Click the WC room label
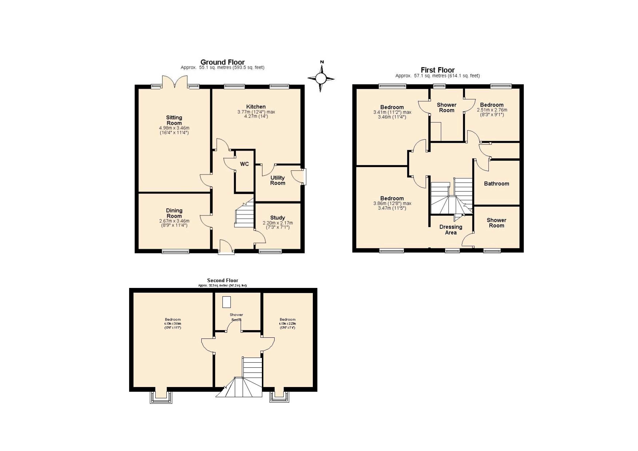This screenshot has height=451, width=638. pos(244,164)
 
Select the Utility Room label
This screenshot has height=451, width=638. pos(277,180)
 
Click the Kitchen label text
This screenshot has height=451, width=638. pos(256,107)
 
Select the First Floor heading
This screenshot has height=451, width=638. pos(437,70)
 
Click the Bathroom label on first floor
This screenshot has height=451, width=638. pos(496,184)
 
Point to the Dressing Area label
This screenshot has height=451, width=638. pos(451,230)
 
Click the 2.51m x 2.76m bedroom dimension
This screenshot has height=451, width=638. pos(492,110)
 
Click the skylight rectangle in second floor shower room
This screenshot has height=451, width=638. pos(226,302)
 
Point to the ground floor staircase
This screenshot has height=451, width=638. pos(245,215)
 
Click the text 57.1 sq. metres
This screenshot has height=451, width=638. pos(429,76)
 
